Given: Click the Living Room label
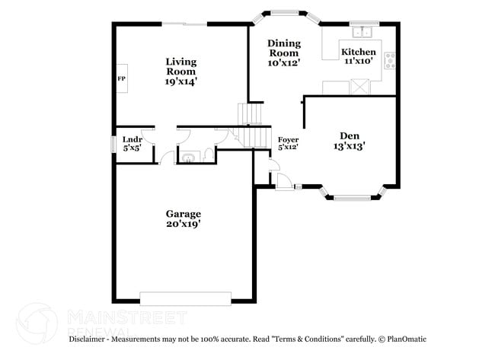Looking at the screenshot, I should coord(181,66).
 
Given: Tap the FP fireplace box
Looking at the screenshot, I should coord(121,78).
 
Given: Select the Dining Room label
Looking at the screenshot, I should coord(284,49).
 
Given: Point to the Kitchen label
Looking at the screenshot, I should coord(358,52).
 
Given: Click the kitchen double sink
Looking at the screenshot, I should coord(362,32).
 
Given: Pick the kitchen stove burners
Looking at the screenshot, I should coord(389,61).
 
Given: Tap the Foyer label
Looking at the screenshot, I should coord(288,140).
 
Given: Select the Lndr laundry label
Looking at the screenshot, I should coord(132,139).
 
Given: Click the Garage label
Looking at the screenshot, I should coord(184,214).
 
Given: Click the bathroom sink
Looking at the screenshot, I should coord(187,158).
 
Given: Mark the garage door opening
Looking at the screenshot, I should coord(185,298).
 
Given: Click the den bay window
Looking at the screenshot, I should coord(356,197).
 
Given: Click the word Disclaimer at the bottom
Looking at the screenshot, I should coord(91,338).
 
